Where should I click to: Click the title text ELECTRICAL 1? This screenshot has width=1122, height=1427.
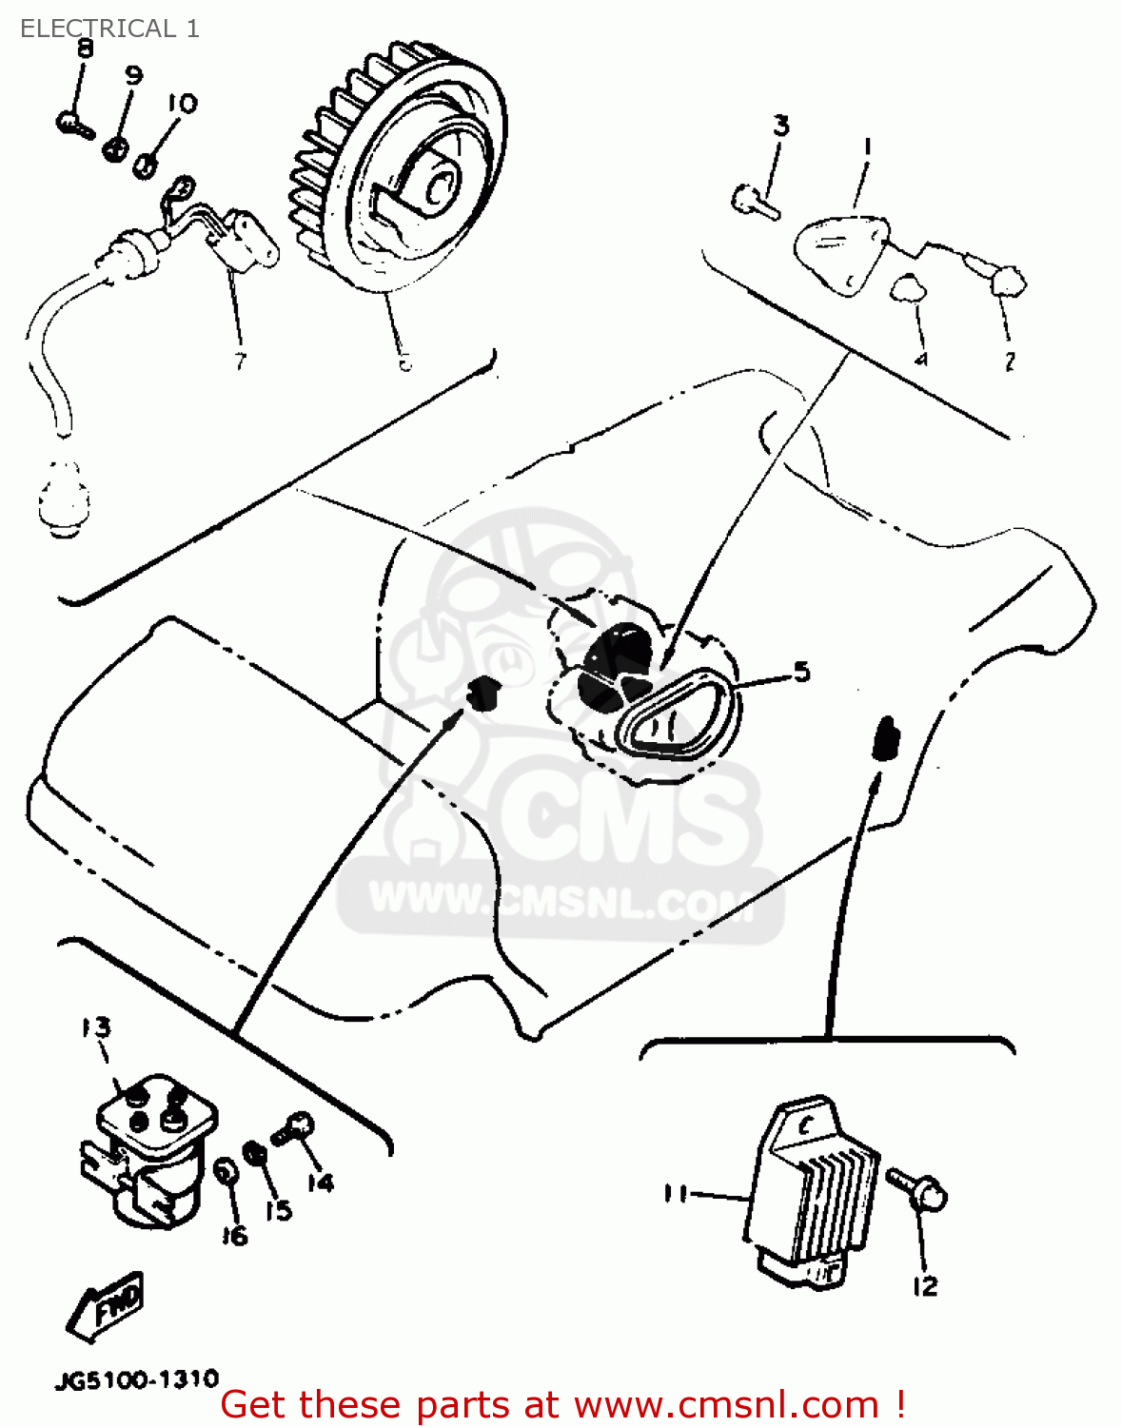[x=109, y=29]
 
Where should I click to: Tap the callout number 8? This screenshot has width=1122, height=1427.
[x=85, y=49]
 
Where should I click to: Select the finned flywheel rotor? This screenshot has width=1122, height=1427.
[x=400, y=171]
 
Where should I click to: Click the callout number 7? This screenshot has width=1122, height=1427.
[x=239, y=361]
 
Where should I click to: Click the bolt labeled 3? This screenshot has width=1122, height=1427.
[x=756, y=202]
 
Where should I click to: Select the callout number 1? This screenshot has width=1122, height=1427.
[x=867, y=147]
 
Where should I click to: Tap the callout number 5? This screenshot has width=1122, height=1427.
[x=801, y=672]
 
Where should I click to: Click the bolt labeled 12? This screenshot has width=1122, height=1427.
[x=916, y=1188]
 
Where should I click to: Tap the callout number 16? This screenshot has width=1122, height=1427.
[x=234, y=1235]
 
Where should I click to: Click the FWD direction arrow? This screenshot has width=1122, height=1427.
[x=107, y=1304]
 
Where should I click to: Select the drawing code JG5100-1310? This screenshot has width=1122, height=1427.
[x=137, y=1379]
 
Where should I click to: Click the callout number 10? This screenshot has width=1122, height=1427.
[x=182, y=103]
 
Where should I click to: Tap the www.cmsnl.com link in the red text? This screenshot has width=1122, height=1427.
[x=727, y=1404]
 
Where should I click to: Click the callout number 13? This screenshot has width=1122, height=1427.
[x=95, y=1027]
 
